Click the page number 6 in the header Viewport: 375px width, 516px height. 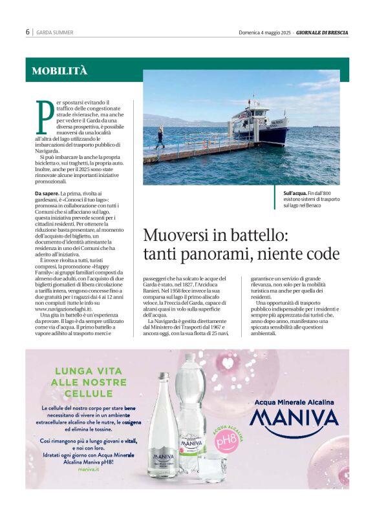[28, 32]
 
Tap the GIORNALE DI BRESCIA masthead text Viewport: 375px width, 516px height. [323, 32]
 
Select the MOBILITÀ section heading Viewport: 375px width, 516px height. [59, 71]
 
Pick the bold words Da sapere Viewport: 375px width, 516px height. [46, 193]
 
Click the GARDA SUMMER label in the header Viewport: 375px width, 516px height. [55, 32]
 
